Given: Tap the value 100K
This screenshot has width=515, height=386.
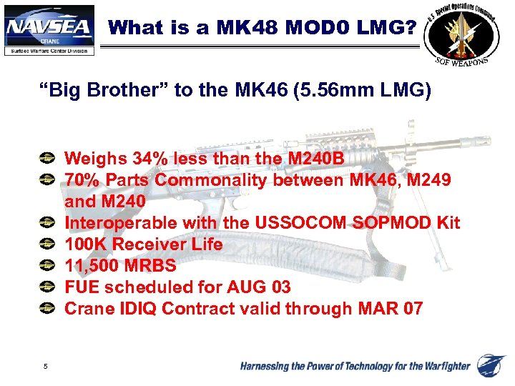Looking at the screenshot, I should (x=85, y=244).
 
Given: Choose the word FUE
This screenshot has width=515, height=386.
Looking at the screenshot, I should (x=81, y=287).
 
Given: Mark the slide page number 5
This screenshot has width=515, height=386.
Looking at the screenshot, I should (x=45, y=367).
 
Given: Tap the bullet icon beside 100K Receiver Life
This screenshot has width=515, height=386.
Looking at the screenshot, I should (x=46, y=244).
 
